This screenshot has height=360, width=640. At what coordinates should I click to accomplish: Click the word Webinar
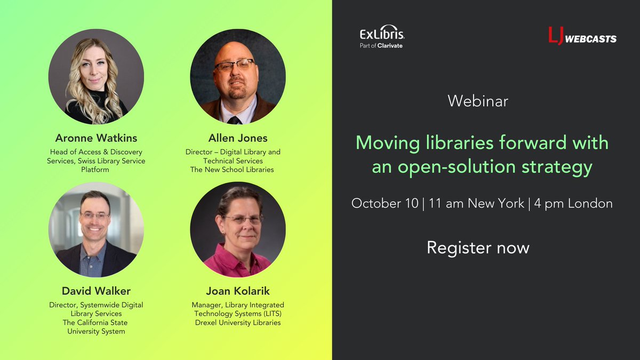(478, 101)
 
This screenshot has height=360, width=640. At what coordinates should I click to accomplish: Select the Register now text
(478, 247)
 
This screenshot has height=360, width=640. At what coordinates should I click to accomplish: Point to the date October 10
(384, 204)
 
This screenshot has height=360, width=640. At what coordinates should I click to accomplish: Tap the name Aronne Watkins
(96, 138)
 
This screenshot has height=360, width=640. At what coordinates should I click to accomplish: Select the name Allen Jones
(238, 138)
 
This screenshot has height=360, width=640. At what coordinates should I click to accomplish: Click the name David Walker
(96, 291)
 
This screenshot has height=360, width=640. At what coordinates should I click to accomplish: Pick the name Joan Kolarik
(238, 291)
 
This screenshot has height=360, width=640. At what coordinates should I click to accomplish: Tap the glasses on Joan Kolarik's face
(243, 219)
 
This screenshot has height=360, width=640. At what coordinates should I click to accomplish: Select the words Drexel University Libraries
(238, 323)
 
